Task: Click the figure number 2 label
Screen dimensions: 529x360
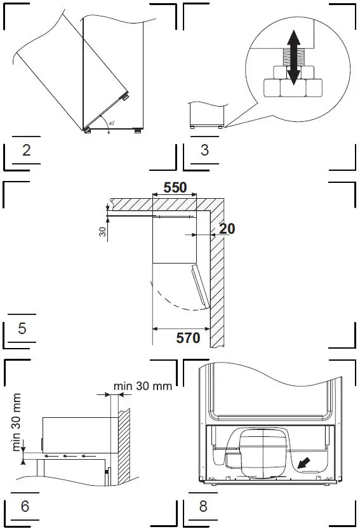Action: [x=27, y=151]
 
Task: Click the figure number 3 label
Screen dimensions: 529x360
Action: [x=204, y=151]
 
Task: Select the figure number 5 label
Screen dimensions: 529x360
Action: [x=22, y=329]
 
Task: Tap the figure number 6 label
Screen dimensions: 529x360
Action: [x=25, y=507]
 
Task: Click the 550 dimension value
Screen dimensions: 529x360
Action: [x=175, y=189]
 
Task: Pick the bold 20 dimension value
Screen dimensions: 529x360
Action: [x=227, y=229]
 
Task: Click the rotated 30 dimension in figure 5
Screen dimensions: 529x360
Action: [x=103, y=232]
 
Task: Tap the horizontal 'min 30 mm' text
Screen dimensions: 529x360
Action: [x=143, y=386]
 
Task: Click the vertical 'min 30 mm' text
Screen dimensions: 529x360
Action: [x=17, y=422]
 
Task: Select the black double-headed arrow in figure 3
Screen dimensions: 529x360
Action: [x=293, y=58]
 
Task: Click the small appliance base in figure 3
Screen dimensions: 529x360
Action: [x=206, y=116]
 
